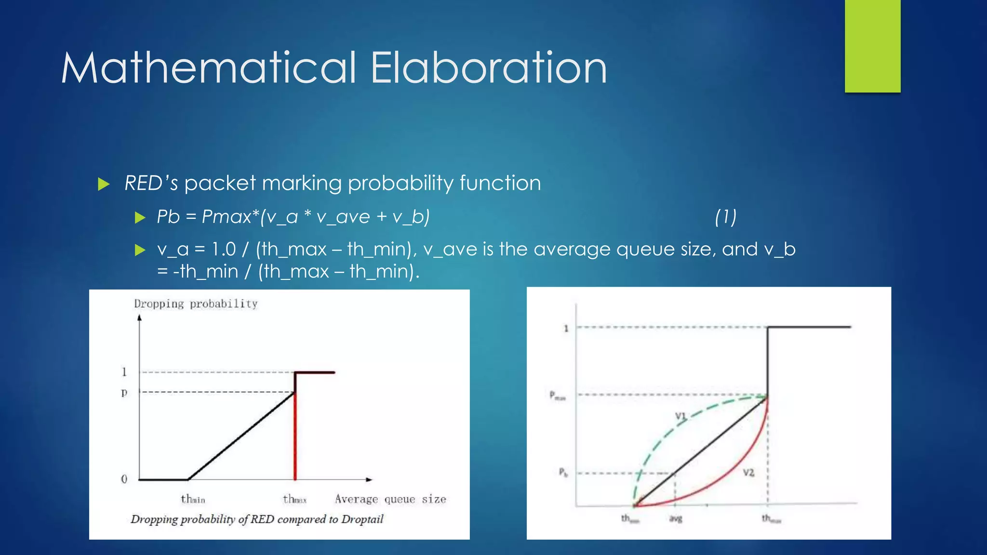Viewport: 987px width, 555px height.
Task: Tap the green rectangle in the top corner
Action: click(x=872, y=46)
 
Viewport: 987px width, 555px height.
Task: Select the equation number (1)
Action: click(x=725, y=217)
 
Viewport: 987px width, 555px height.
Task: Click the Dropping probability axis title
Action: click(x=196, y=304)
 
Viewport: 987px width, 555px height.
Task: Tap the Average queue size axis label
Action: click(x=390, y=499)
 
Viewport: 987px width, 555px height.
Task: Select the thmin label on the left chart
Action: click(x=193, y=499)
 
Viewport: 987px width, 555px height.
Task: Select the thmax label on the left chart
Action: click(x=294, y=499)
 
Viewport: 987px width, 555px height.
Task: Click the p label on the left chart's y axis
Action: click(x=124, y=393)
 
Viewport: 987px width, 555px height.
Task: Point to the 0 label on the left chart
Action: click(x=124, y=479)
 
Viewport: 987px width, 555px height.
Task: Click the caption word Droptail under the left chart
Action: click(x=362, y=519)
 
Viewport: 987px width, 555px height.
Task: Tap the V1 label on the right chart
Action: click(x=680, y=416)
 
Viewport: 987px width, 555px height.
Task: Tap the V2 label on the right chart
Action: click(x=748, y=473)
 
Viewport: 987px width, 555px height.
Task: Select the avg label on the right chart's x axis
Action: click(x=676, y=519)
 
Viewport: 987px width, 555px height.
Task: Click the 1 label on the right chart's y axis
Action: click(x=566, y=329)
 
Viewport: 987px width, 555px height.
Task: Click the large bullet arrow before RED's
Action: click(x=104, y=184)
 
